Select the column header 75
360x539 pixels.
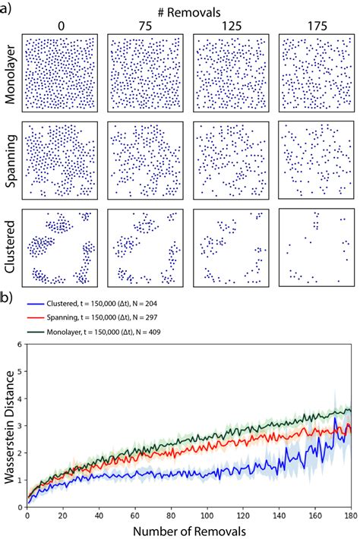pos(145,26)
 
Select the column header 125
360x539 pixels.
pos(230,26)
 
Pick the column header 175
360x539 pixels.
pos(316,26)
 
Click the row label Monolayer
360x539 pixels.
pos(10,72)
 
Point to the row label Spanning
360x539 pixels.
pos(10,160)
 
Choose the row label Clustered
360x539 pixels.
pos(10,248)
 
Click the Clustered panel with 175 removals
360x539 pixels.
pos(316,248)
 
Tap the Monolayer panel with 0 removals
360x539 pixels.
pos(60,72)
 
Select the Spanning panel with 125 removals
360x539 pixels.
pos(231,160)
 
